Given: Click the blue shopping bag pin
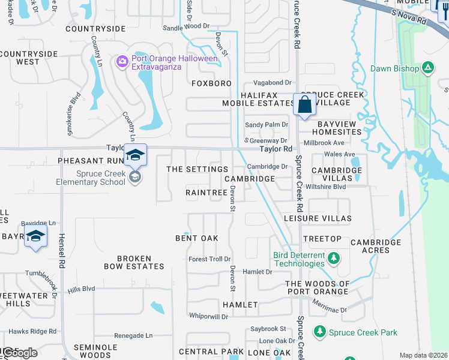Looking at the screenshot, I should click(x=305, y=104).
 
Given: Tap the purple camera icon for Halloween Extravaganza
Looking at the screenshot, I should click(x=122, y=61).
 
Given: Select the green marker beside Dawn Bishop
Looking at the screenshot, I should click(x=428, y=68).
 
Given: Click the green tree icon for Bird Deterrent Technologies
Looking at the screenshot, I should click(x=333, y=259).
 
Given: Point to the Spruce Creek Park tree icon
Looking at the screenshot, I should click(x=319, y=331).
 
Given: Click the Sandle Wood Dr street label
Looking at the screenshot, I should click(x=185, y=27).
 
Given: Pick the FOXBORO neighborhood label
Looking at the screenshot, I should click(x=211, y=83).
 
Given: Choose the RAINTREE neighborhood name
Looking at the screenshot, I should click(x=206, y=193).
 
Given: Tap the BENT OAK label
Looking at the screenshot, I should click(x=196, y=238).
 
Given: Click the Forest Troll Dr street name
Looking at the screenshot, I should click(x=209, y=259).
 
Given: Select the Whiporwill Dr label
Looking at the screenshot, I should click(x=208, y=316).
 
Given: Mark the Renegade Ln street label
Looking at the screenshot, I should click(x=132, y=335).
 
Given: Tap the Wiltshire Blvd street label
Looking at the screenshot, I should click(x=327, y=187).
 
